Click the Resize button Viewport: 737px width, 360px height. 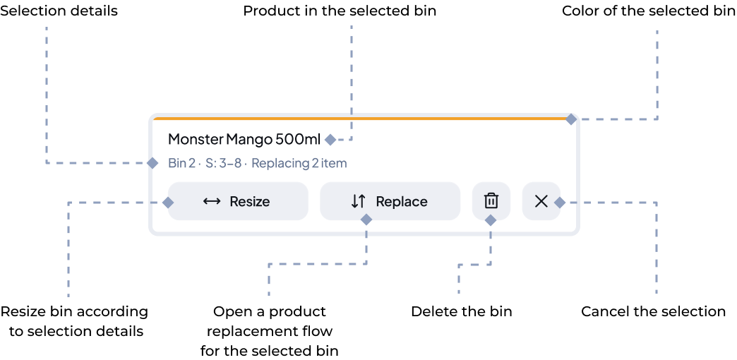click(x=237, y=201)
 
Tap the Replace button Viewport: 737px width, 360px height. click(x=390, y=201)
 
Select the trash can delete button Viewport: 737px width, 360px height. click(x=491, y=201)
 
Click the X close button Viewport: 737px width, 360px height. click(x=541, y=201)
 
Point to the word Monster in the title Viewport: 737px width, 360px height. click(x=196, y=138)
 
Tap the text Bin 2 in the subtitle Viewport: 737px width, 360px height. click(x=181, y=164)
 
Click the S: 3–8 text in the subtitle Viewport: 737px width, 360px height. click(x=223, y=164)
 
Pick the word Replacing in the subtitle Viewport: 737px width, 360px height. click(x=280, y=164)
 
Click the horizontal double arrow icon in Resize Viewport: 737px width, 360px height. click(x=212, y=201)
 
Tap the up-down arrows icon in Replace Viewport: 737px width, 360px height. click(x=359, y=201)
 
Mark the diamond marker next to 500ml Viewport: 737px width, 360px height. click(x=330, y=139)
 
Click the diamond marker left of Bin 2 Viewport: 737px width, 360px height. click(x=152, y=163)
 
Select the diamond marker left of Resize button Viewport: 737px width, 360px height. click(x=168, y=203)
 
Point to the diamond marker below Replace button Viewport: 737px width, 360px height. click(x=366, y=220)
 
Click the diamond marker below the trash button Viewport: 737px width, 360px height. click(x=491, y=220)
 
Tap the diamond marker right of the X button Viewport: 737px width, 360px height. click(x=559, y=203)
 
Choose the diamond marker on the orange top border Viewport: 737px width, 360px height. click(x=570, y=120)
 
